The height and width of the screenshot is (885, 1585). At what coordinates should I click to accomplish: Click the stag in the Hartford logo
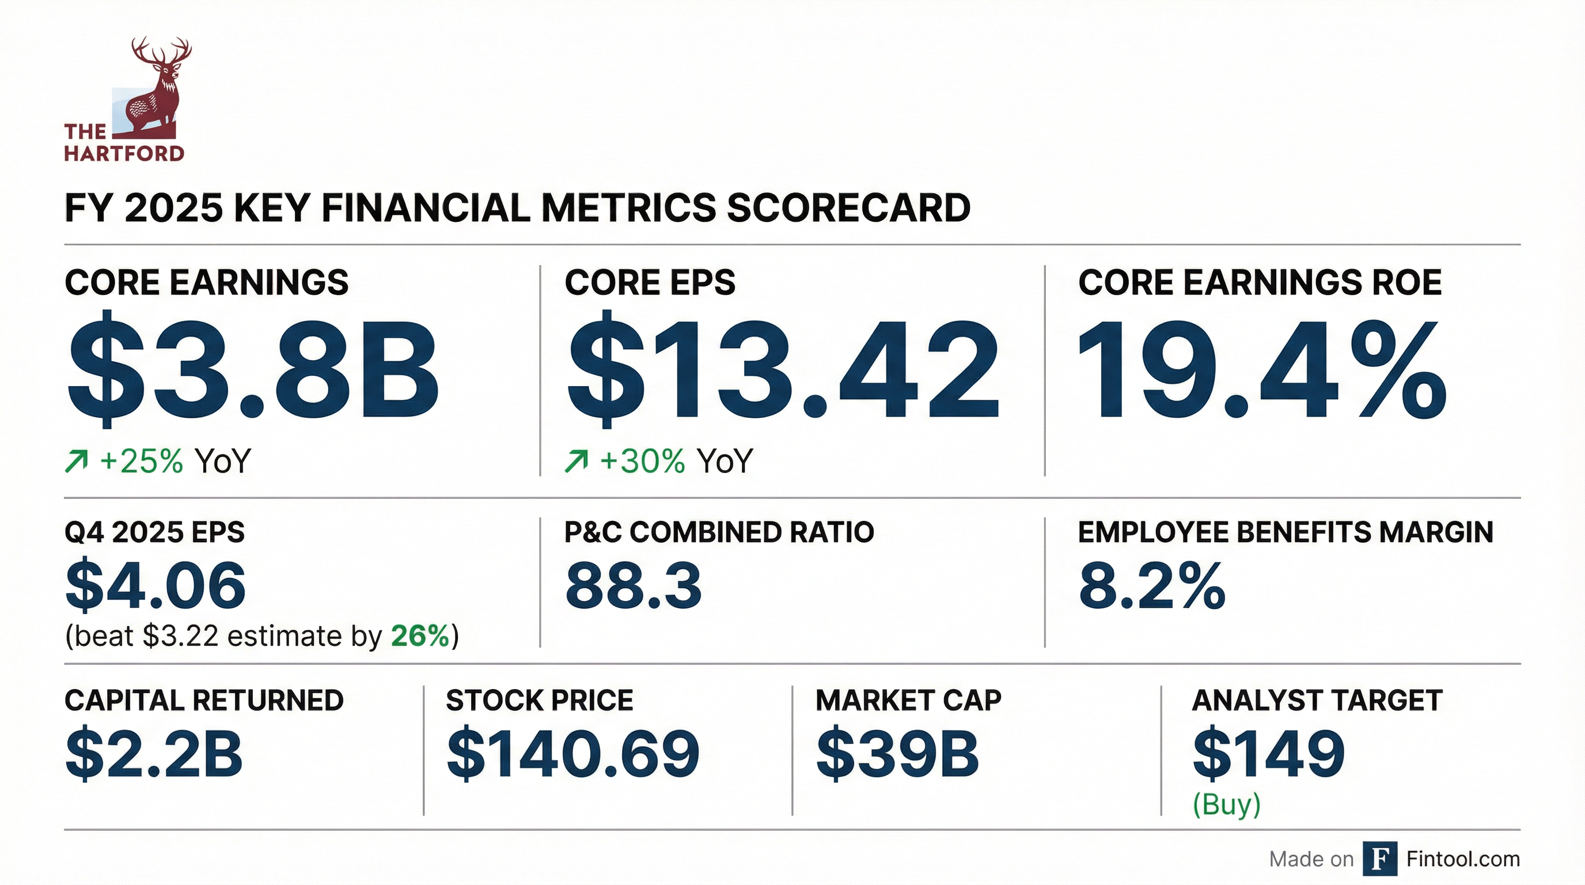[157, 89]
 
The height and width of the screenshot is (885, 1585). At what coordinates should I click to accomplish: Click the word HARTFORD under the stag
[124, 154]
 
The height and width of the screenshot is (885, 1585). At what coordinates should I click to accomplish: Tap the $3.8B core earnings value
[252, 369]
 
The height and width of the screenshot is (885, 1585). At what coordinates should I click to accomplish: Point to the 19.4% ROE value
[1261, 369]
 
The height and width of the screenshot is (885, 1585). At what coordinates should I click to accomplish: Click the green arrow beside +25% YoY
[76, 461]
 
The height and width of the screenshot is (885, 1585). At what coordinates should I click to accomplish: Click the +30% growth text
[642, 461]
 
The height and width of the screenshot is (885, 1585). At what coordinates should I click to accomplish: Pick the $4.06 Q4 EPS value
[155, 585]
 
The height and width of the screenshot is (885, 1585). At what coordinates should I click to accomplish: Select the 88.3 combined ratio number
[633, 585]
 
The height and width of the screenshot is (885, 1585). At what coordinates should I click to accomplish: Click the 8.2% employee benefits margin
[1152, 585]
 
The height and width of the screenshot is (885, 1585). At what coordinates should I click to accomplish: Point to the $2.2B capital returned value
[154, 753]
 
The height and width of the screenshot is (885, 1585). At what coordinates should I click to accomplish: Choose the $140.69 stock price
[573, 753]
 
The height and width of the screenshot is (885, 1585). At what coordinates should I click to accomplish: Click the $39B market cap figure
[897, 753]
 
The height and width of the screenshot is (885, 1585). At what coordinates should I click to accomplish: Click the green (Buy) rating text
[1226, 804]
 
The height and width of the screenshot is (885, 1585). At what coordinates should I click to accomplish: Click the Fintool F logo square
[1379, 858]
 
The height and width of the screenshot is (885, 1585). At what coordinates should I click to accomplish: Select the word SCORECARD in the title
[848, 208]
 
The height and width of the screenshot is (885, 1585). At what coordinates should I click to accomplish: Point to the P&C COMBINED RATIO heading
[719, 532]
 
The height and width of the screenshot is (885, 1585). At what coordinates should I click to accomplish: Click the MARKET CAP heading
[908, 701]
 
